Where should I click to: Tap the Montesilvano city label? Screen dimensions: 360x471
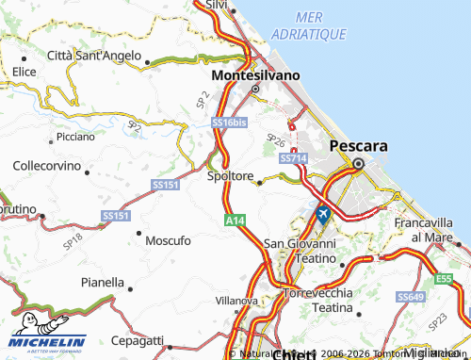pos(256,74)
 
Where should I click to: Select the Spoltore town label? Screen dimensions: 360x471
pos(230,175)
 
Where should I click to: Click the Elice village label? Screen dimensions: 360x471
pos(24,71)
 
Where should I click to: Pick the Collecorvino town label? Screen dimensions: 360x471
pos(46,165)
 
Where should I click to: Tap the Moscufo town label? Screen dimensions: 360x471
pos(168,240)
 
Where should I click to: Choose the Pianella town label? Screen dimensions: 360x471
pos(103,282)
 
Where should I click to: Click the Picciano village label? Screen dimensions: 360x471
pos(75,137)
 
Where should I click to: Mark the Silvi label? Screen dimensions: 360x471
pos(217,5)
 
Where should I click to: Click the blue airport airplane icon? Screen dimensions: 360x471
pos(323,214)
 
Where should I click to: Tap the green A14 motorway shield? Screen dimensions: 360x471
pos(235,220)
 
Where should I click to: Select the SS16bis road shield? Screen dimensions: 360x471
pos(229,123)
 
